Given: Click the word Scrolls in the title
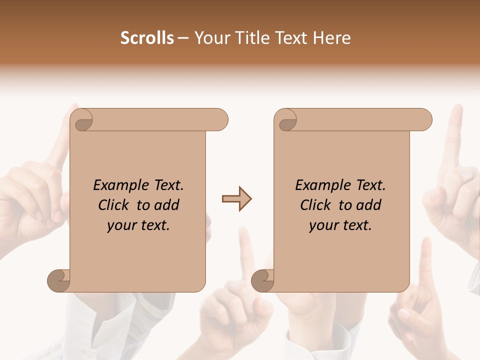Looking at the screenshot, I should [147, 38].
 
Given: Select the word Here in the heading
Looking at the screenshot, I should [332, 38].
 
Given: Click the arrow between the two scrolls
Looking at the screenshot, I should [236, 199].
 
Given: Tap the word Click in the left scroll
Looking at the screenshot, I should [114, 205].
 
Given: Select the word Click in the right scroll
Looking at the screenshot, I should [316, 205].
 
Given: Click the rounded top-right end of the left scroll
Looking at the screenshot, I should [220, 119].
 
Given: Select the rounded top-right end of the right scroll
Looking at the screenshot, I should [424, 119].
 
